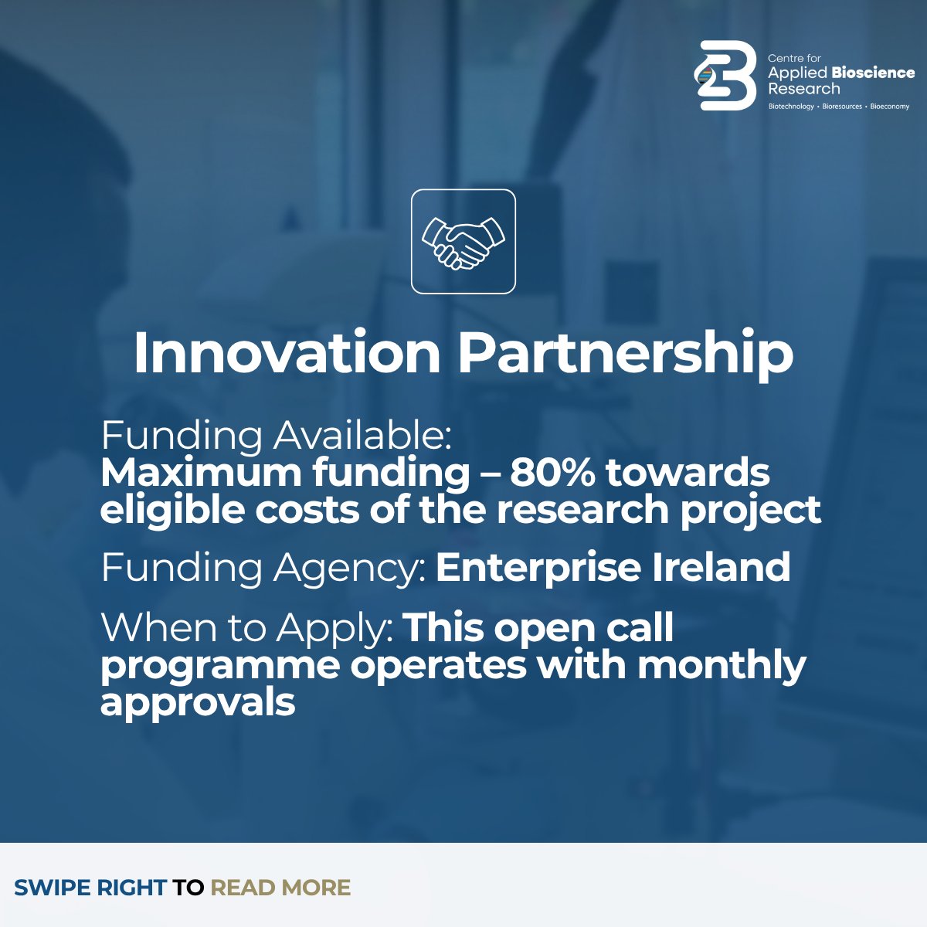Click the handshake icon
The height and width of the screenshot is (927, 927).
pyautogui.click(x=463, y=242)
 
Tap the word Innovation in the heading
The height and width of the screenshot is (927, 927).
pyautogui.click(x=287, y=354)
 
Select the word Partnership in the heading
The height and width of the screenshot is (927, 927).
pyautogui.click(x=625, y=354)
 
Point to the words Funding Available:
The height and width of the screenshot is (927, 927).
pyautogui.click(x=276, y=436)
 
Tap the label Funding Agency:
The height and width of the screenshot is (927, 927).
pyautogui.click(x=263, y=568)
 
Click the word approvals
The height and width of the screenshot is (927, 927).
pyautogui.click(x=198, y=703)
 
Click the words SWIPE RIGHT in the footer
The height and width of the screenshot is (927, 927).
pyautogui.click(x=90, y=888)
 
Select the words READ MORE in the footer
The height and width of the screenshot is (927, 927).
pyautogui.click(x=280, y=888)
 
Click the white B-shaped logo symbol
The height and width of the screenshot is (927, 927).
pyautogui.click(x=725, y=76)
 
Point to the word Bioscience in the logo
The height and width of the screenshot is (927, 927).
pyautogui.click(x=873, y=73)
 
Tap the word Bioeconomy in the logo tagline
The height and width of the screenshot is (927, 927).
pyautogui.click(x=890, y=107)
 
